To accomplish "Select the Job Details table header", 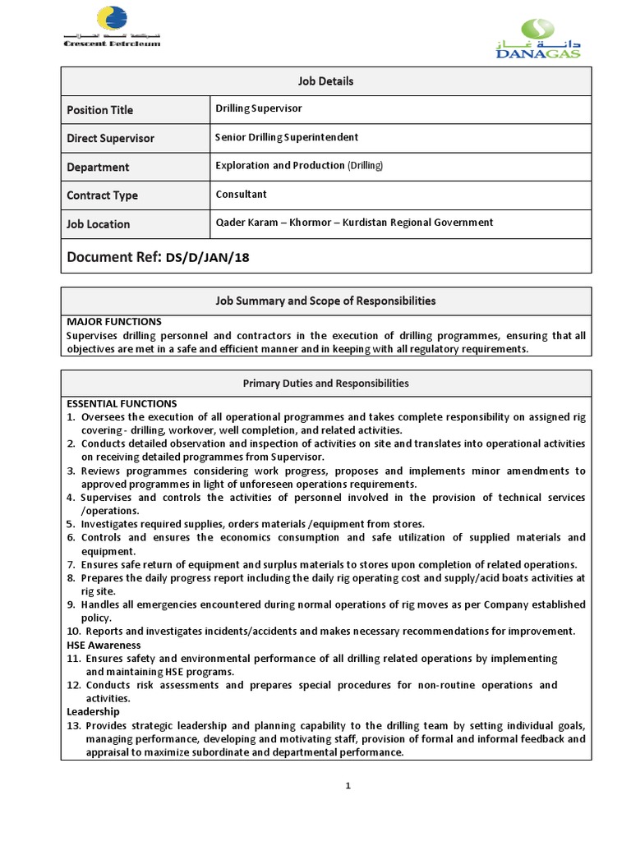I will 325,81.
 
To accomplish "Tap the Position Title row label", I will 99,110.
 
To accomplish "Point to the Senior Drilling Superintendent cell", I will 287,137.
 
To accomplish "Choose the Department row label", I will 98,167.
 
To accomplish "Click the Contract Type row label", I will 102,195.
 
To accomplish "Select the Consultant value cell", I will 241,195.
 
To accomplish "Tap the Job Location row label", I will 98,224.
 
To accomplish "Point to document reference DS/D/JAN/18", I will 207,258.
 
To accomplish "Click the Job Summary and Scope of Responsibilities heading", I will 325,301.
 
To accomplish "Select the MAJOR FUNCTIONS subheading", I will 113,322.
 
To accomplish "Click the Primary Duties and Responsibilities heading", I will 325,384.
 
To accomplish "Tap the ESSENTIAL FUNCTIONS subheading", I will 122,404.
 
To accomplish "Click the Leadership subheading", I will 93,711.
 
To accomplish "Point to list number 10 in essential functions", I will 74,632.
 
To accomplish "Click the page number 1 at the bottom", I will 348,786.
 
